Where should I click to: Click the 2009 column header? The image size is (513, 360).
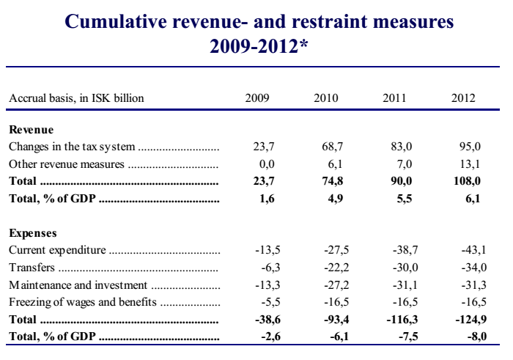pos(257,98)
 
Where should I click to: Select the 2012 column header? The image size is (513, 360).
pos(463,98)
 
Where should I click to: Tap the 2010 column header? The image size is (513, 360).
pos(326,98)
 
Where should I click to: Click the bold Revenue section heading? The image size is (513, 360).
pos(31,130)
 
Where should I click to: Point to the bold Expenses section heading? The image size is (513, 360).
pos(33,233)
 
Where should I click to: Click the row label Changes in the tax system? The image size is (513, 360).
pos(72,147)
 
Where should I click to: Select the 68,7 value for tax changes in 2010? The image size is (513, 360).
pos(333,147)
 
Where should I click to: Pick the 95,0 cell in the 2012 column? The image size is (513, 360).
pos(470,147)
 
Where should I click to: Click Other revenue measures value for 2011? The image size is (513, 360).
pos(405,164)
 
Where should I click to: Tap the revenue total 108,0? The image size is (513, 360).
pos(468,181)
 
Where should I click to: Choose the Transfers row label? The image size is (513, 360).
pos(32,268)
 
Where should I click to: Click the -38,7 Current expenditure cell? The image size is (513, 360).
pos(405,250)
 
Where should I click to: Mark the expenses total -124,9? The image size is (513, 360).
pos(471,319)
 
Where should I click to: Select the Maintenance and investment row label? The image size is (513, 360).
pos(78,285)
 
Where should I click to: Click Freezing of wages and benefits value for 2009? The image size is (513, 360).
pos(271,302)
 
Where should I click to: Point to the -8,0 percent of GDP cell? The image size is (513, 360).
pos(477,337)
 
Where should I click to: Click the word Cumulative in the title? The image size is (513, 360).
pos(116,21)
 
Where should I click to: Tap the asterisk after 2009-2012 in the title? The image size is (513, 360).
pos(303,43)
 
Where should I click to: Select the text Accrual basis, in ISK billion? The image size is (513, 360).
pos(76,98)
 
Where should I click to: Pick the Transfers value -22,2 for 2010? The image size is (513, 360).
pos(336,268)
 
